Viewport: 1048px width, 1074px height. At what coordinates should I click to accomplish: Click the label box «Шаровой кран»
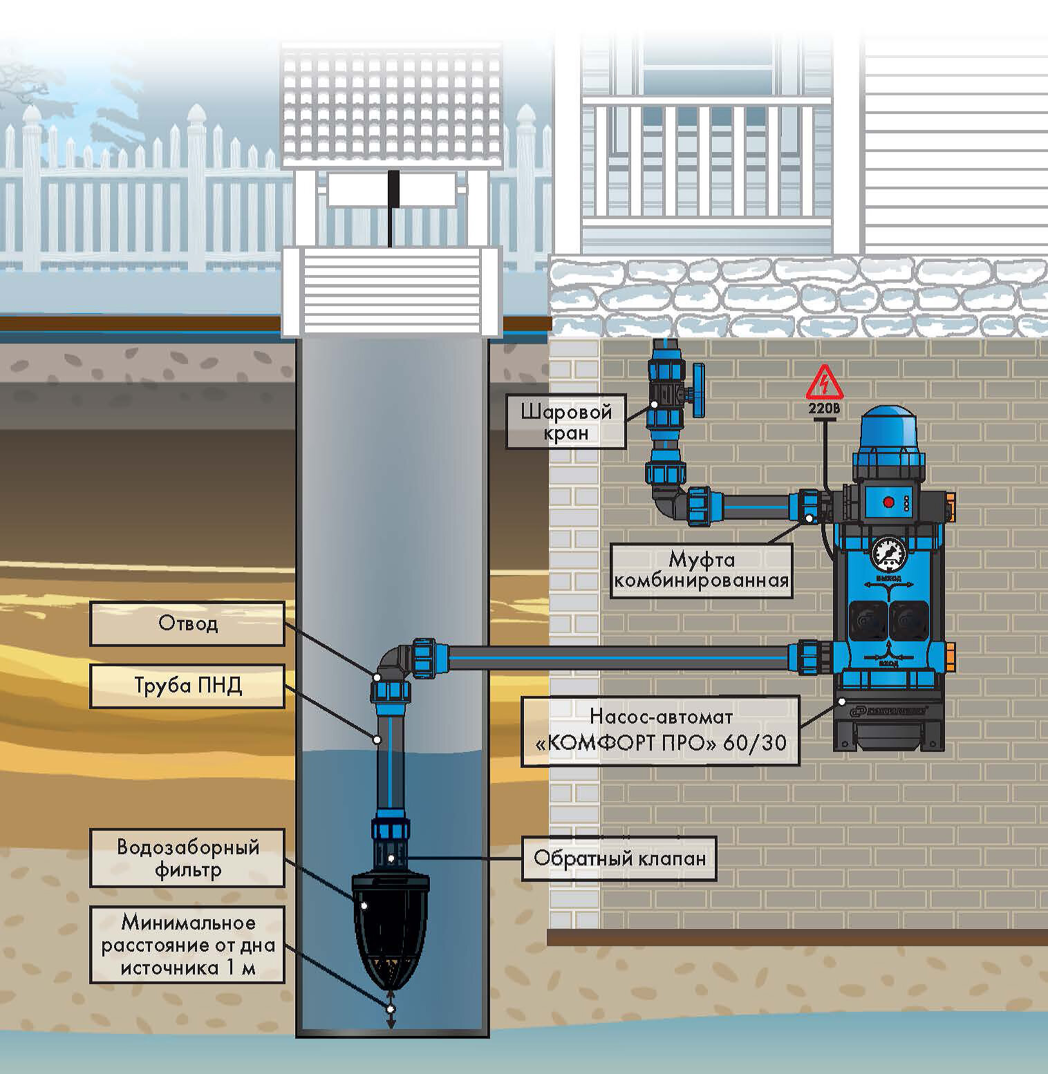[565, 422]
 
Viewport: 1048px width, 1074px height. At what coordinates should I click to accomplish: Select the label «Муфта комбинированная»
[701, 569]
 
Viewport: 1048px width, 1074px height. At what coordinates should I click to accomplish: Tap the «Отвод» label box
[187, 623]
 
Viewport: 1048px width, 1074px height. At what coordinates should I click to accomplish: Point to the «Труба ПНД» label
[187, 686]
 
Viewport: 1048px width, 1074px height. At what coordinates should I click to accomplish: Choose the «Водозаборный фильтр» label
[187, 858]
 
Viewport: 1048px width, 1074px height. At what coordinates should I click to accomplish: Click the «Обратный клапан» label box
[619, 859]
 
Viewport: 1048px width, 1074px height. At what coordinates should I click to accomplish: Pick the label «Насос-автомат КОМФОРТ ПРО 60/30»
[660, 731]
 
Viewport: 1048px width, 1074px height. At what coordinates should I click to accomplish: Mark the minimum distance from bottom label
[187, 944]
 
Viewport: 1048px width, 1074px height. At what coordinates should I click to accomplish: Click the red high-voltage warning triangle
[823, 383]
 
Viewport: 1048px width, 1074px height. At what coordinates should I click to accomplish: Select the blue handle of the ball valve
[700, 395]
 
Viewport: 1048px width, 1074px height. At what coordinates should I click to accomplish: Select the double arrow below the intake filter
[391, 1009]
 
